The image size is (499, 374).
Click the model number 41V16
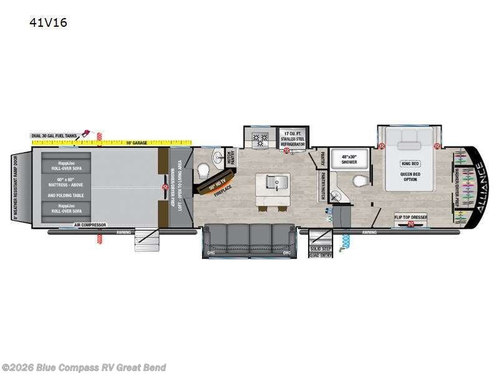[48, 23]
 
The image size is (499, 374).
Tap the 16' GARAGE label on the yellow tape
[136, 143]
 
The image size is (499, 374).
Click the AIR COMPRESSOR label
[90, 224]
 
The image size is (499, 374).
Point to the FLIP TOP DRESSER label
[410, 217]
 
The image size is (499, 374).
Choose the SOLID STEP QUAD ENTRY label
[320, 251]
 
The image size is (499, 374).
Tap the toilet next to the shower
[360, 181]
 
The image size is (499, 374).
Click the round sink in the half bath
[216, 156]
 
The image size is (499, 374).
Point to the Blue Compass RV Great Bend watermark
[84, 367]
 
